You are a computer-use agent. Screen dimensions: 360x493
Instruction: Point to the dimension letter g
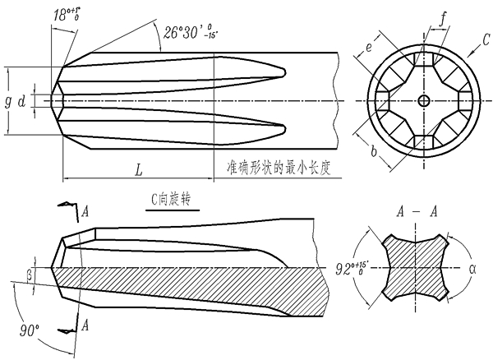tap(8, 102)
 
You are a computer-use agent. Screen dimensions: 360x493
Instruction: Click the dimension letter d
tap(22, 102)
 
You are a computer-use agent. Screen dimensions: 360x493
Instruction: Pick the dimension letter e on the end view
tap(370, 48)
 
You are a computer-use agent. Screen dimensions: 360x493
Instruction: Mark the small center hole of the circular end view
tap(423, 100)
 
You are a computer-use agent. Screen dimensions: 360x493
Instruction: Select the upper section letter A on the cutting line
tap(85, 212)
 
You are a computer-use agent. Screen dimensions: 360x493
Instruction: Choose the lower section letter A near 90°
tap(85, 325)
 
